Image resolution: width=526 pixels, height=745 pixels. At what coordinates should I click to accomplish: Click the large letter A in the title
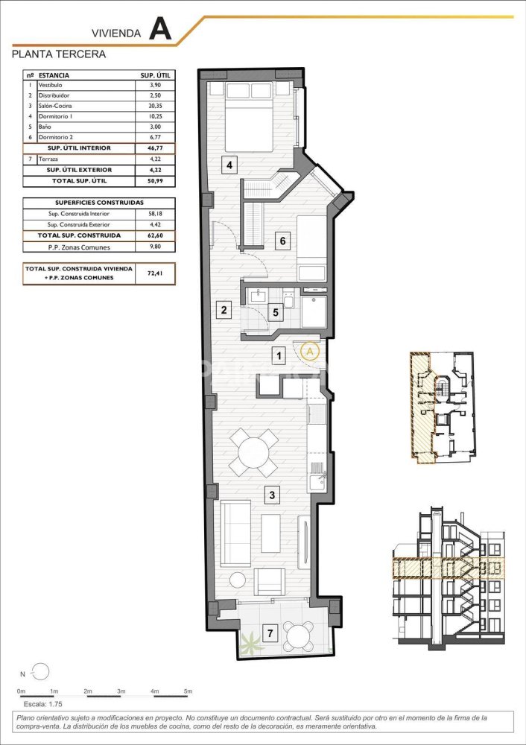(159, 30)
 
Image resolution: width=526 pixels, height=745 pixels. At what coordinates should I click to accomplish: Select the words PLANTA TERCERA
(59, 54)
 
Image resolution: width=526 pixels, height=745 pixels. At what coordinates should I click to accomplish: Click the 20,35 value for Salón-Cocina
(155, 106)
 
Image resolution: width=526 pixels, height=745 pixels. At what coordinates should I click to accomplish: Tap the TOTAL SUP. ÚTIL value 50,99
(155, 181)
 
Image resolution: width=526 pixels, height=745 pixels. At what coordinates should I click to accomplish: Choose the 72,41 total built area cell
(155, 273)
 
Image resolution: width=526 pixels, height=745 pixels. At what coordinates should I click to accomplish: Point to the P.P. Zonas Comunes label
(79, 247)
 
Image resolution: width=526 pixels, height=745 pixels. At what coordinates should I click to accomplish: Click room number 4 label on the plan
(229, 165)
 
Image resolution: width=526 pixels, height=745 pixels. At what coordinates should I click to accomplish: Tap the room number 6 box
(282, 241)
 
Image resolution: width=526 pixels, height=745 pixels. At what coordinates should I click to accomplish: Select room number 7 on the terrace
(270, 633)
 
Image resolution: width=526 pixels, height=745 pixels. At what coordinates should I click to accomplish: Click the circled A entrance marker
(310, 351)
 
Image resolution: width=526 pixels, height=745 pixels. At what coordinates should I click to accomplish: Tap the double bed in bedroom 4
(249, 117)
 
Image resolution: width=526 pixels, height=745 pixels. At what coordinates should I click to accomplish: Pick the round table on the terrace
(299, 635)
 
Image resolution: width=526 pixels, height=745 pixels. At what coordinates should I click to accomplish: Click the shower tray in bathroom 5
(313, 312)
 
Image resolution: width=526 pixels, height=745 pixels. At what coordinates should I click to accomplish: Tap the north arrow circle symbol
(40, 671)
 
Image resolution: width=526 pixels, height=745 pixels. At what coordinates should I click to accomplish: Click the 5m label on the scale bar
(188, 691)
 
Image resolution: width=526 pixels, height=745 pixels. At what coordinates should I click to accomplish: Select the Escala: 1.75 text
(42, 704)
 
